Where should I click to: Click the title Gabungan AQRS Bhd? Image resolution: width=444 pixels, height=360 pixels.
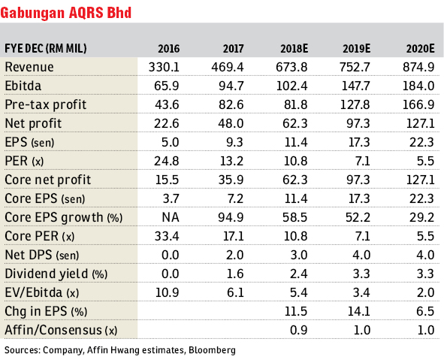point(65,13)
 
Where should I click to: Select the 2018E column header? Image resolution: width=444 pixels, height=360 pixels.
point(294,49)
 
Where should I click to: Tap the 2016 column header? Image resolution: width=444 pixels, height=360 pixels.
point(168,49)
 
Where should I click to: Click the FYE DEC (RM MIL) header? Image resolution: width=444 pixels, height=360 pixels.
point(46,49)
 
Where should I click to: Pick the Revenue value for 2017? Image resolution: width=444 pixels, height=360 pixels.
point(227,67)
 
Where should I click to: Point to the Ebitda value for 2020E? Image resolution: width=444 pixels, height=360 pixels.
point(418,86)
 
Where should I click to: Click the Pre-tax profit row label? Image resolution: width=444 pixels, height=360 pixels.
point(46,104)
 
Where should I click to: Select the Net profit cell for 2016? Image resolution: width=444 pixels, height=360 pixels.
point(167,123)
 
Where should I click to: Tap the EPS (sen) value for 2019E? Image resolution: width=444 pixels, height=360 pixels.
point(359,142)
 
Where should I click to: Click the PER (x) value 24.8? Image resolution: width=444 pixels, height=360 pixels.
point(167,161)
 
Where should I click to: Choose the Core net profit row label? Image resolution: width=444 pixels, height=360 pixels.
point(48,180)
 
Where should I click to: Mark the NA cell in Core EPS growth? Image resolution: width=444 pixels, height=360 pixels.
point(171,217)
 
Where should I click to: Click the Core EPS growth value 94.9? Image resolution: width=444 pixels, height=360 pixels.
point(231,217)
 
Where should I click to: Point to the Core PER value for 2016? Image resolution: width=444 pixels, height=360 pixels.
point(167,236)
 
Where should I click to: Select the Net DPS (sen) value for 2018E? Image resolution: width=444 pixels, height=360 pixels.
point(299,255)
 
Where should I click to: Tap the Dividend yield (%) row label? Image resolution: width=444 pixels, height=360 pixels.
point(56,274)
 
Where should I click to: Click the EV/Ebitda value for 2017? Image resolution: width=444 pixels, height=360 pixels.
point(235,292)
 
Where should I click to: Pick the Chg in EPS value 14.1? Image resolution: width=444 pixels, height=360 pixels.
point(359,311)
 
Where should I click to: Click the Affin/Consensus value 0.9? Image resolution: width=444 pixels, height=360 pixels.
point(299,330)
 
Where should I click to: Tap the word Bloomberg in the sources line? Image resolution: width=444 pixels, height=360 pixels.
point(212,350)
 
